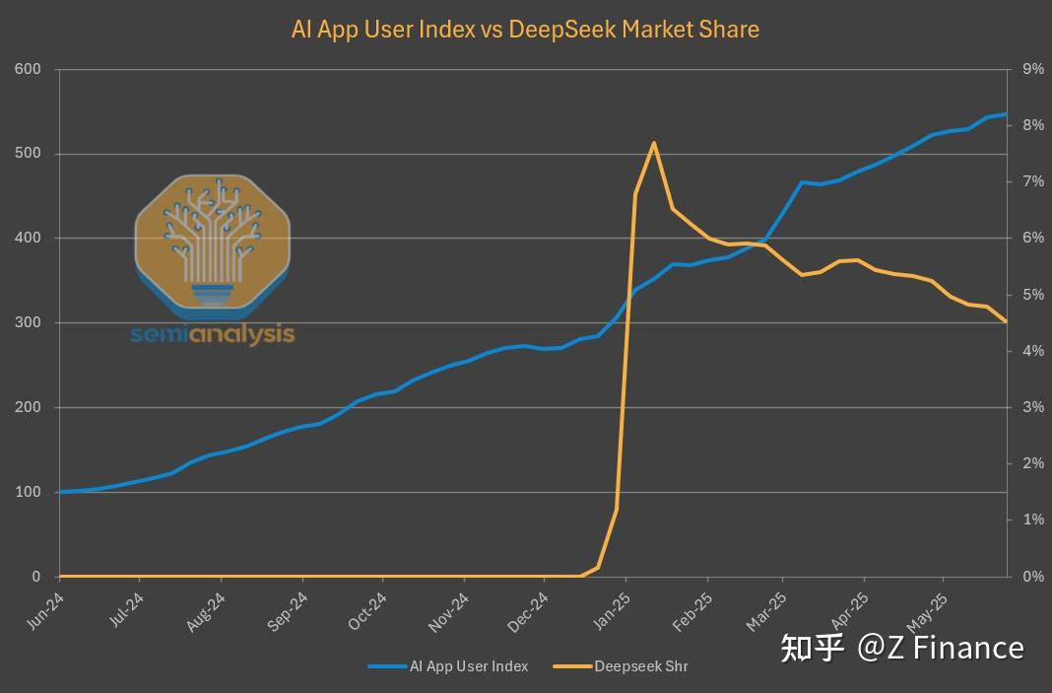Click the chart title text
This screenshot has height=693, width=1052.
(525, 30)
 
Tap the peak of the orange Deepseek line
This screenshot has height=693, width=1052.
(653, 143)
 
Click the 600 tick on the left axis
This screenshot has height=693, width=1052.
(29, 69)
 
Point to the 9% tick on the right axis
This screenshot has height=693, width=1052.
(1033, 69)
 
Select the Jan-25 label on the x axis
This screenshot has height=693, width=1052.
(611, 612)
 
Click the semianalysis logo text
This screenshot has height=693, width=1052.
(213, 334)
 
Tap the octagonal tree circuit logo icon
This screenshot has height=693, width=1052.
(213, 242)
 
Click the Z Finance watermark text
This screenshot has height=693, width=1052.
(901, 648)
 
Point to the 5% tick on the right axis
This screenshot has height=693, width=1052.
(1033, 295)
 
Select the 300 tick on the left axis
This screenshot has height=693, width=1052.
(29, 322)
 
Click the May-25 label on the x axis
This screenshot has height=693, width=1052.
(931, 612)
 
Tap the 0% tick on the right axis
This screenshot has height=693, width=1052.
(1033, 577)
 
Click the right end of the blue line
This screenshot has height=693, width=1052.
(1006, 114)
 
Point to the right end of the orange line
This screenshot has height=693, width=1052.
(1006, 321)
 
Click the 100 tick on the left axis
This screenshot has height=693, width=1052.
(29, 492)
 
